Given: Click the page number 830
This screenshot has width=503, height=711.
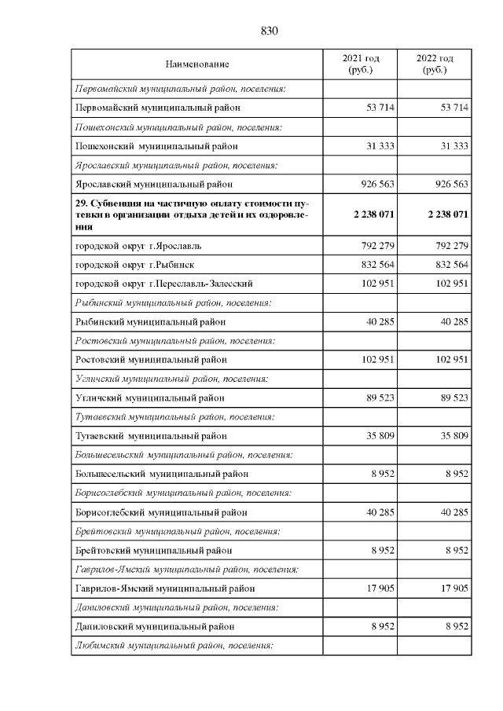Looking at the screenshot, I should [x=269, y=31].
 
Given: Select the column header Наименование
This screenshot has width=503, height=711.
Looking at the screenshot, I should [x=197, y=64].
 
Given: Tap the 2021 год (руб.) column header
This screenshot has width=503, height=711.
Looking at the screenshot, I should [x=360, y=64].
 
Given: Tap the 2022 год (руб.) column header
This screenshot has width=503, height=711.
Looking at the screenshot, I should [x=435, y=64].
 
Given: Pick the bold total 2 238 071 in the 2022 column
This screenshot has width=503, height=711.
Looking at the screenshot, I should [x=448, y=214].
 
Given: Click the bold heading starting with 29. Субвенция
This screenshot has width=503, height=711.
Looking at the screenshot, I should [x=191, y=214].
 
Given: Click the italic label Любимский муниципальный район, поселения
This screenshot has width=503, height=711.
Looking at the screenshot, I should [x=173, y=646].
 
